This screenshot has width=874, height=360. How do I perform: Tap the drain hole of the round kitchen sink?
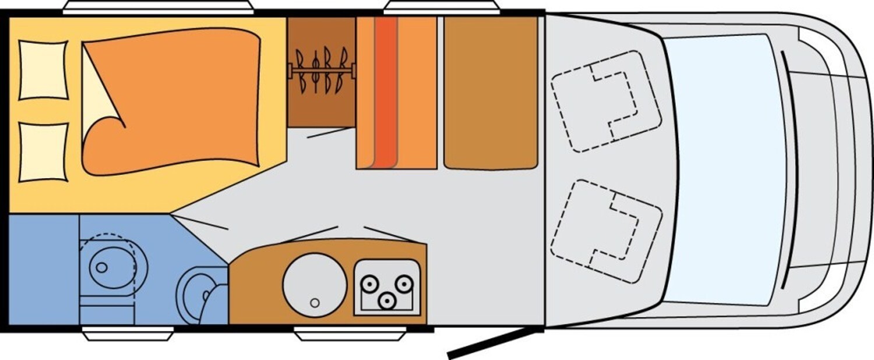(315, 302)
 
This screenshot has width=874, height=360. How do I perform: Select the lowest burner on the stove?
(386, 301)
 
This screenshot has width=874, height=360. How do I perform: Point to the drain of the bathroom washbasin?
(102, 267)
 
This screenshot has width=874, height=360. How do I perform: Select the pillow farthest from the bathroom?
(44, 70)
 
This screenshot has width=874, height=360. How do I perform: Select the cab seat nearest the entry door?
(606, 231)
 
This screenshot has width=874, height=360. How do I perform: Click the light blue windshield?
(725, 169)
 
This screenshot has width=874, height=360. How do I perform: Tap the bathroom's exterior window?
(128, 334)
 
